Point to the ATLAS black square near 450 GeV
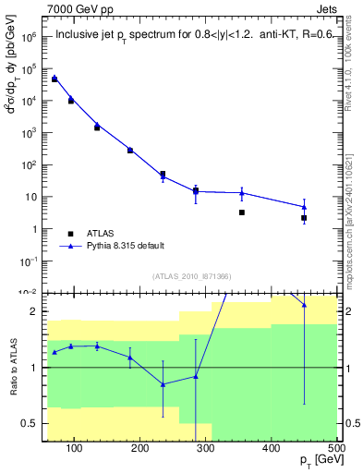click(304, 218)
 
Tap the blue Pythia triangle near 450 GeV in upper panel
click(304, 207)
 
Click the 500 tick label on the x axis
click(336, 448)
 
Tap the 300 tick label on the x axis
click(206, 448)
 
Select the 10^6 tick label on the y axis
click(30, 38)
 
